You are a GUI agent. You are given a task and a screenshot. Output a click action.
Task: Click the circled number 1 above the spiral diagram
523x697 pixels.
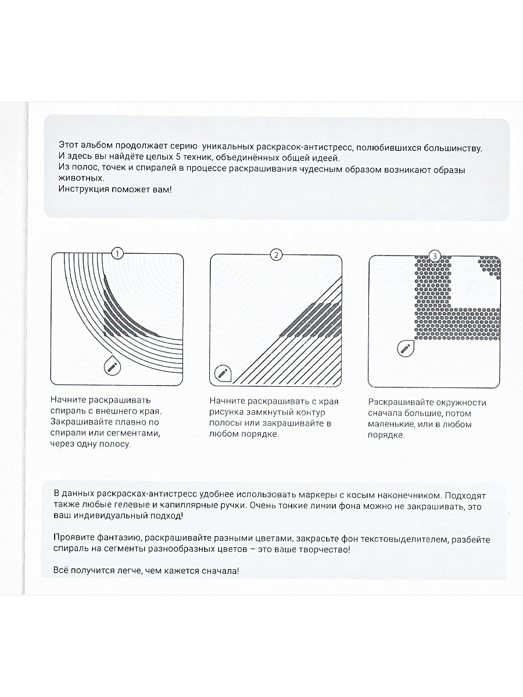[117, 254]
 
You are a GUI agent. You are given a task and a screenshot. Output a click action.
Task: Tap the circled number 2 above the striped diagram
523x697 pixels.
[277, 254]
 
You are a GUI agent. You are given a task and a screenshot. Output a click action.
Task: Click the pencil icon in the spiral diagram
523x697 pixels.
[112, 366]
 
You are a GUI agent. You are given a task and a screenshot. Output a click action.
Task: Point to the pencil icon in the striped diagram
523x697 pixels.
[221, 373]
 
